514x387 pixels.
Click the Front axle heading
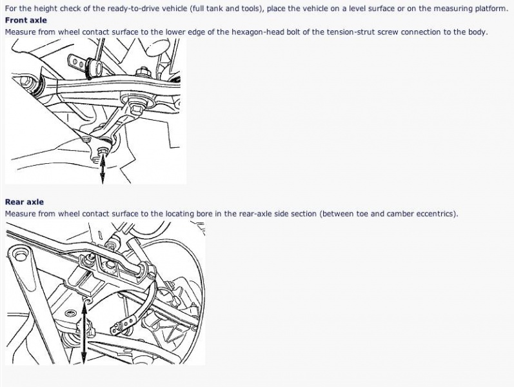click(x=26, y=21)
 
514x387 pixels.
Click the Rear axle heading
click(x=25, y=202)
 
